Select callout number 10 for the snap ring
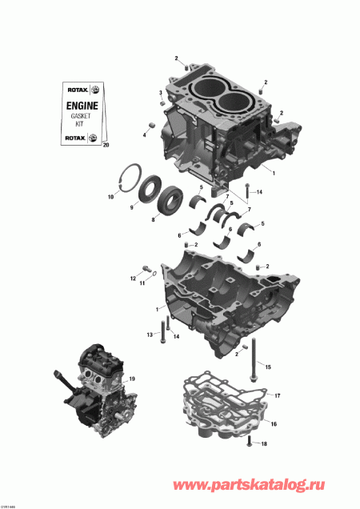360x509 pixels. [110, 196]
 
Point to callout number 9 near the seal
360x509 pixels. [122, 206]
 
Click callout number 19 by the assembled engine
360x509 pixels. [133, 379]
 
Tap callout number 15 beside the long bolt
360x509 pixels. [268, 367]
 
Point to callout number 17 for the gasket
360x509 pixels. [277, 396]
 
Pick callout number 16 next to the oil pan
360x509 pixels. [273, 423]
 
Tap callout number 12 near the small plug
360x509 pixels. [133, 278]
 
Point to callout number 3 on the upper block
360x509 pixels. [160, 94]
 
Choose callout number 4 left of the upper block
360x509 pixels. [145, 134]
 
